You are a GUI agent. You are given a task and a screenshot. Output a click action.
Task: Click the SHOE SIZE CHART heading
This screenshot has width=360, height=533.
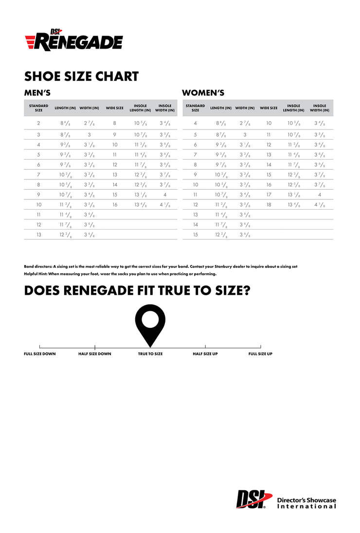point(81,76)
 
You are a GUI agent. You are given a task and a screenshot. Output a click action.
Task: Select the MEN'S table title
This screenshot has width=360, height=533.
point(37,93)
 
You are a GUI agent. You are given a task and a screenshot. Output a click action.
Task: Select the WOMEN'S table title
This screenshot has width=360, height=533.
point(203,93)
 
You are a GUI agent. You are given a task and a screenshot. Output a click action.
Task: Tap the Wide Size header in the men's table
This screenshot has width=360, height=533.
point(115,108)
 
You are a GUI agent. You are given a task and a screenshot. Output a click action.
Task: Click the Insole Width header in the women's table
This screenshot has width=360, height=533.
point(320,108)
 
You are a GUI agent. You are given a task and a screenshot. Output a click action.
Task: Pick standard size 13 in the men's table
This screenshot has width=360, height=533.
point(38,234)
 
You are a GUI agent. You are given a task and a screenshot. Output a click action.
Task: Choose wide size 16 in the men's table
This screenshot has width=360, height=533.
point(115,205)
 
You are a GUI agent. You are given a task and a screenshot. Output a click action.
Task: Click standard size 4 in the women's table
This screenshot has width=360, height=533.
point(195,124)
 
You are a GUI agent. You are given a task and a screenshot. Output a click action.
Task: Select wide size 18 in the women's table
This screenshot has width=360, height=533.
point(269,205)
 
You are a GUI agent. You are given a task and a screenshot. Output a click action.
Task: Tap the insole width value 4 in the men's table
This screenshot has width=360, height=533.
point(165,195)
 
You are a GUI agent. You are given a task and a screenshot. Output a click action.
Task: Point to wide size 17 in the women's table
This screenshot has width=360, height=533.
point(269,195)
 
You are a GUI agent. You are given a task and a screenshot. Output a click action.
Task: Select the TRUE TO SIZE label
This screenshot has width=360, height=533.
point(150,354)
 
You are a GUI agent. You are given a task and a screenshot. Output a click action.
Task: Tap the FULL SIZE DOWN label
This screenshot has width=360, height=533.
point(40,354)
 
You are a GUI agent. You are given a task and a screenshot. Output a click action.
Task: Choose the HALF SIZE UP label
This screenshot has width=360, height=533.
point(205,354)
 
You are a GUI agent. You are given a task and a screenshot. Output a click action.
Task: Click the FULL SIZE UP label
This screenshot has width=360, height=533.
point(260,354)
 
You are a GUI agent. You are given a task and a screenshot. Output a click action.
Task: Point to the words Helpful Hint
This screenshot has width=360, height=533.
point(35,274)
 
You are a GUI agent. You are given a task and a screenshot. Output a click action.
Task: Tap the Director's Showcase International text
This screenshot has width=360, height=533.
point(306,503)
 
